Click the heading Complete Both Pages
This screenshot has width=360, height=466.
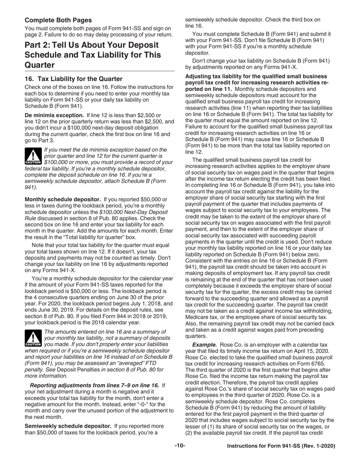58,20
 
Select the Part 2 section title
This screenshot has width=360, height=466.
92,55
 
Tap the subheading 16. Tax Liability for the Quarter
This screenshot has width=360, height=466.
74,79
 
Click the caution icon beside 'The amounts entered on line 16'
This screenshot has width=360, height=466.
33,338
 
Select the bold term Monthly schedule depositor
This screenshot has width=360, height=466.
63,199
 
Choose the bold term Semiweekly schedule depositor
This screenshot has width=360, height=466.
68,426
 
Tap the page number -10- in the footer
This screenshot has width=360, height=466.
180,446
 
